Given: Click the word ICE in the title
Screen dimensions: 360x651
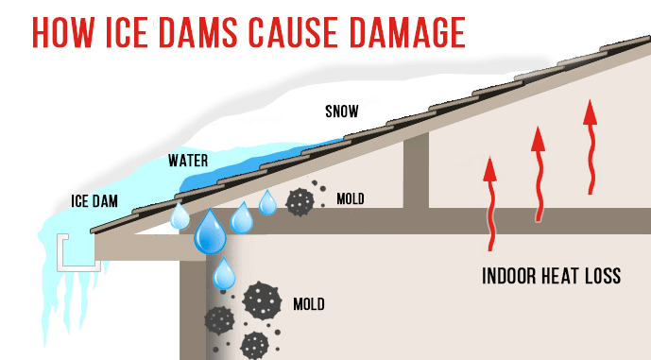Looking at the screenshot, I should (x=137, y=31).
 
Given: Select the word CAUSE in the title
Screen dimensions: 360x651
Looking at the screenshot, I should (x=327, y=31).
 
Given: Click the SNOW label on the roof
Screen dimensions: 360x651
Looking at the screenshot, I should (x=341, y=111).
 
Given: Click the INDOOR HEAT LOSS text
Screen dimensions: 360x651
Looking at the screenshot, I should (x=551, y=277).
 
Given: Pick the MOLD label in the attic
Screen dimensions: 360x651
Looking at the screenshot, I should (x=351, y=200).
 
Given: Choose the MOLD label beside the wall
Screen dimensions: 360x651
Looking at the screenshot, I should (x=309, y=304).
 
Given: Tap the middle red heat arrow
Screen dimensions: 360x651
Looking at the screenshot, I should (x=539, y=176).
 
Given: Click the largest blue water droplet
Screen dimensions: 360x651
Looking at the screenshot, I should (x=210, y=231).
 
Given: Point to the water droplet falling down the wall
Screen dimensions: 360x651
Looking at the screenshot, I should (x=223, y=274).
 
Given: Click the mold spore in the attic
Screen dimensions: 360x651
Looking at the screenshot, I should (x=301, y=201).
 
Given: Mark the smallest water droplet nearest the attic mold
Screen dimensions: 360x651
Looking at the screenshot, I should (x=267, y=202).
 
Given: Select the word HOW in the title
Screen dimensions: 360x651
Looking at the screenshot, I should (x=65, y=31).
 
